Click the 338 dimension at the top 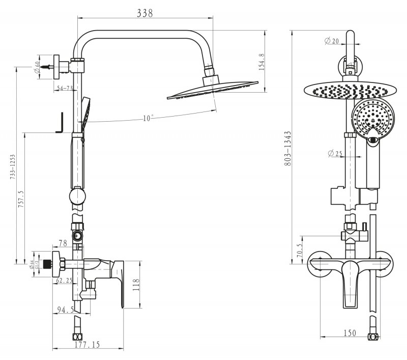[x=146, y=14]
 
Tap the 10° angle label [x=148, y=118]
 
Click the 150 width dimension [x=349, y=334]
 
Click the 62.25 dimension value [x=64, y=280]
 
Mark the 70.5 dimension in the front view [x=300, y=250]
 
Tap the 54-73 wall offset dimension [x=64, y=89]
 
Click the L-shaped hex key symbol [x=60, y=123]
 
